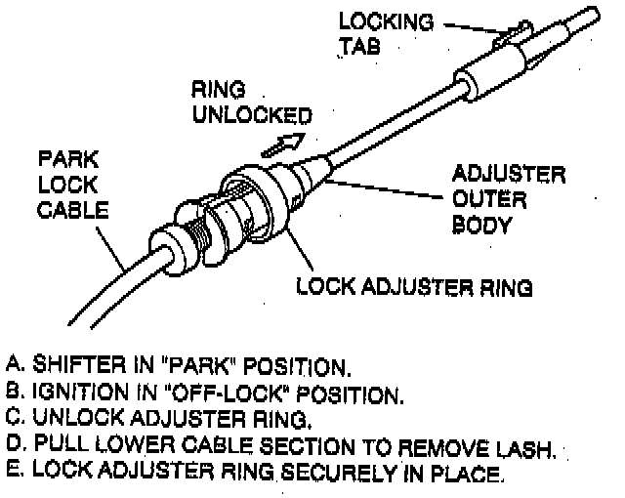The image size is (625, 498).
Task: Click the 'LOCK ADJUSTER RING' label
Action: click(x=414, y=287)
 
